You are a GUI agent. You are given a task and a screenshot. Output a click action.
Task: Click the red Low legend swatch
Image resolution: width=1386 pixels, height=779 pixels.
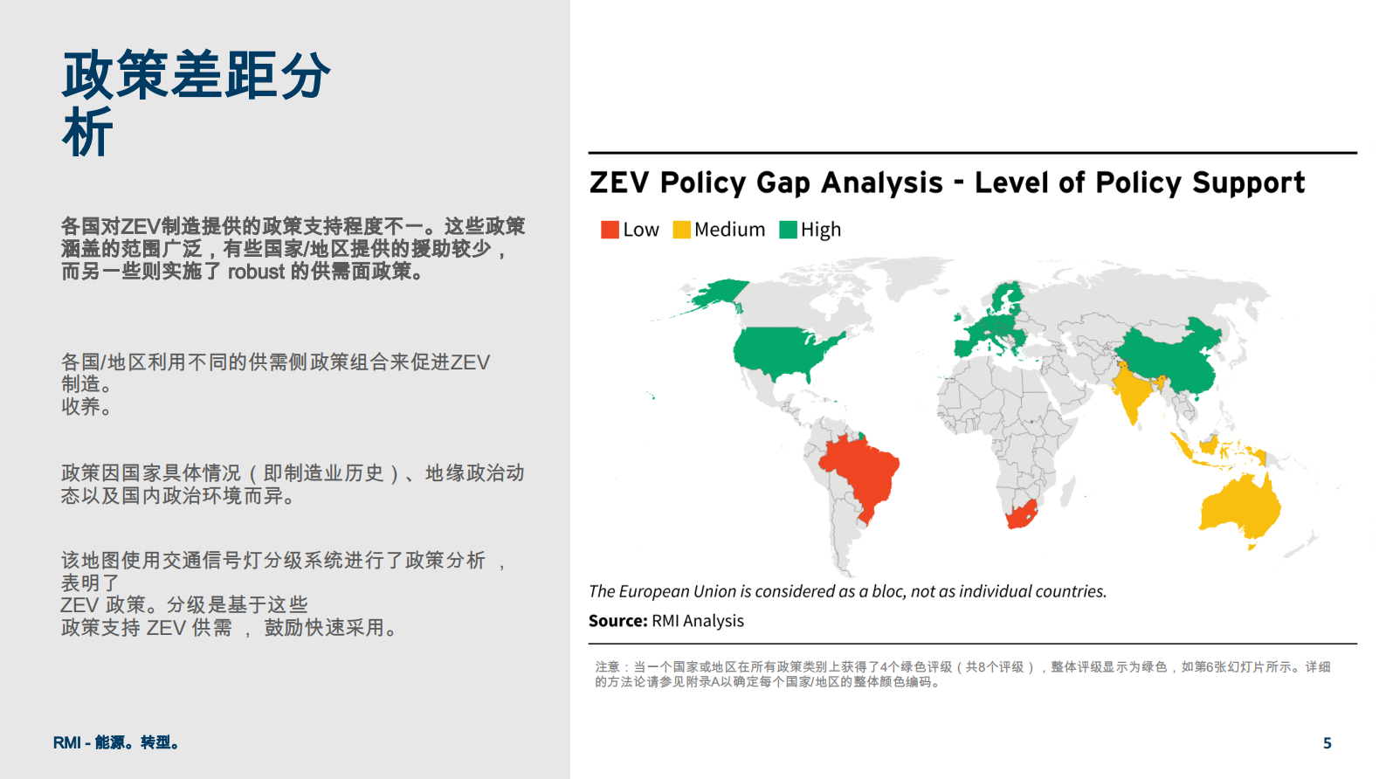point(610,230)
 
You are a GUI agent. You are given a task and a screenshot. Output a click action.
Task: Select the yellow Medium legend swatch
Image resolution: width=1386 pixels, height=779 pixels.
point(681,230)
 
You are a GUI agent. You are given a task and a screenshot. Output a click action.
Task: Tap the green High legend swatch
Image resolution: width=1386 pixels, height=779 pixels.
point(788,230)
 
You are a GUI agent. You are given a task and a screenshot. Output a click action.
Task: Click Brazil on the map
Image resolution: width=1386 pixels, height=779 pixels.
point(861,473)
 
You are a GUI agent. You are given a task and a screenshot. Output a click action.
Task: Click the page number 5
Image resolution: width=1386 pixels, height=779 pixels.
point(1327,743)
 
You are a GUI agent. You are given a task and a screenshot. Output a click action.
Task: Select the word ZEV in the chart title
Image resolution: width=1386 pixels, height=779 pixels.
point(619,183)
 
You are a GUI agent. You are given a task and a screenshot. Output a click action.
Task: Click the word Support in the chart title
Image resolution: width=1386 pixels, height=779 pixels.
point(1248,183)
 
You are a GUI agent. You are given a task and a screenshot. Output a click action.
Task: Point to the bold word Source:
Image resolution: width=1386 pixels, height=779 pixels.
point(617,621)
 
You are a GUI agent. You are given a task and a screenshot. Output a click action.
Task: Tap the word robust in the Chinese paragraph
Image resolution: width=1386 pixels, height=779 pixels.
point(256,271)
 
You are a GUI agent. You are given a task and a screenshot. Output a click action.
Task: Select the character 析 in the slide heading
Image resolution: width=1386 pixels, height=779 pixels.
point(87,131)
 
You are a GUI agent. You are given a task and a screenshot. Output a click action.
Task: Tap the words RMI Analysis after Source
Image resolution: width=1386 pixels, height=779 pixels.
point(697,621)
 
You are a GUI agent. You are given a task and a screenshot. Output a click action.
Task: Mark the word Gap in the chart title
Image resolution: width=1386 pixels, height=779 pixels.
point(783,183)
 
